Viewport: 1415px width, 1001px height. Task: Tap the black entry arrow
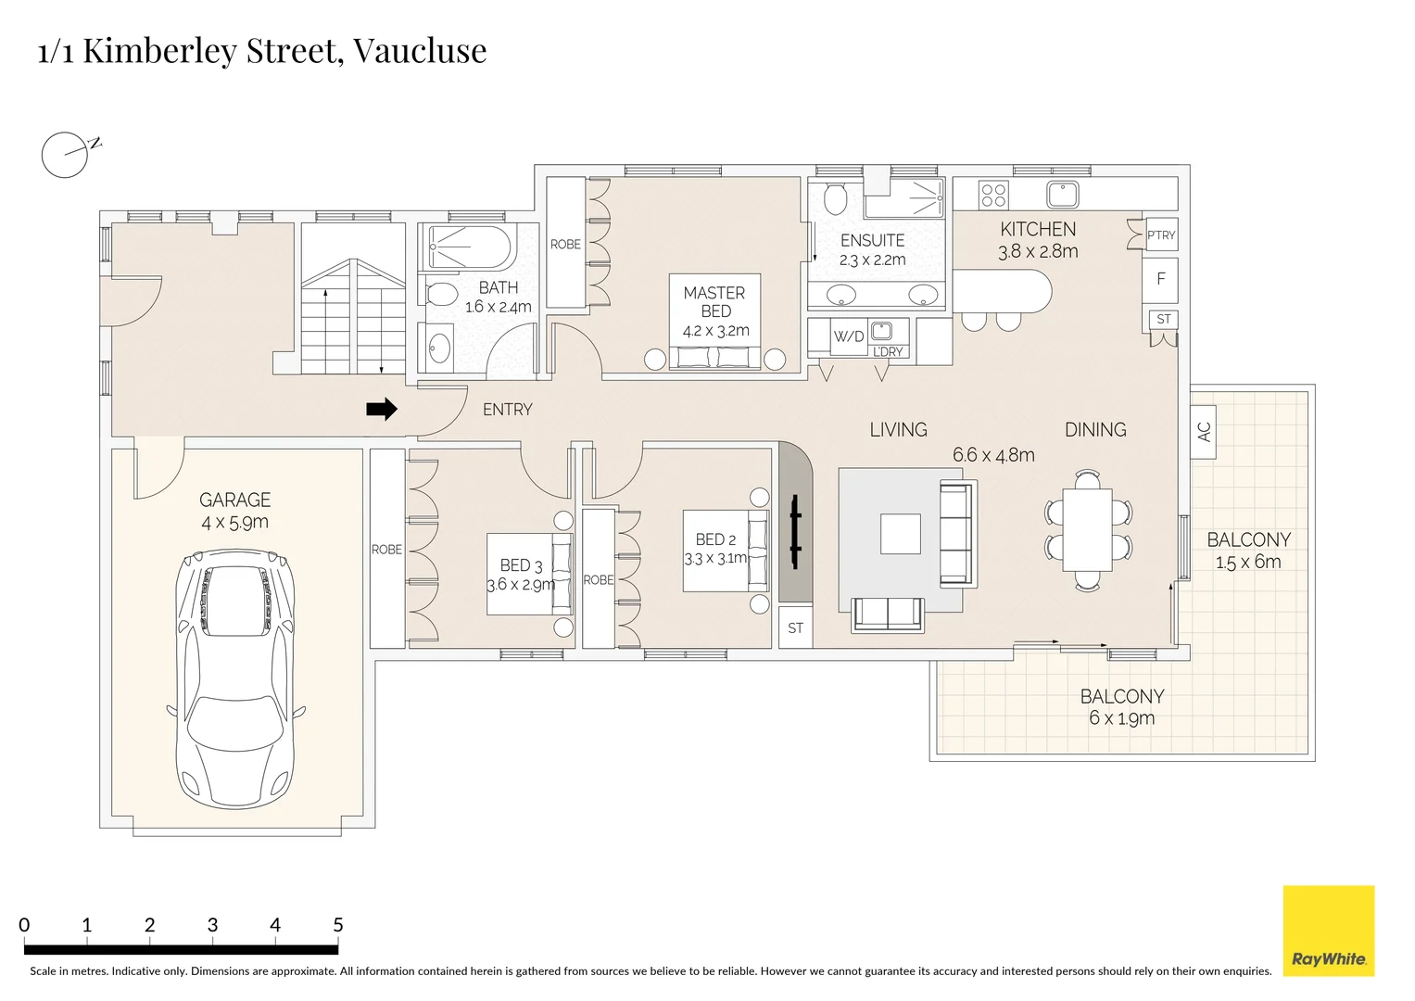point(382,409)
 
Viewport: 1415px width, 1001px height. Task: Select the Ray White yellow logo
point(1328,931)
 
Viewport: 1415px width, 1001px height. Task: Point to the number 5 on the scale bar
point(337,925)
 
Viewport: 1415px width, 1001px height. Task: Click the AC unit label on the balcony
point(1204,432)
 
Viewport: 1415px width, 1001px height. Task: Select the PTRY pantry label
point(1160,235)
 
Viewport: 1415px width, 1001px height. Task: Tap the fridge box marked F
point(1160,279)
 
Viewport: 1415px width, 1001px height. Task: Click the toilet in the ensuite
point(835,198)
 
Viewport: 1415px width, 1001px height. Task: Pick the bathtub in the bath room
point(468,247)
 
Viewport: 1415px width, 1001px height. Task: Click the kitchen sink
point(1062,195)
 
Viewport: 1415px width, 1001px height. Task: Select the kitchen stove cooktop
point(993,195)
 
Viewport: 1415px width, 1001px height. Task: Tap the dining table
point(1087,529)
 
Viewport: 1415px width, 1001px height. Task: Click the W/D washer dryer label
point(848,336)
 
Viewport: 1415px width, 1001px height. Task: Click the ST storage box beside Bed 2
point(795,628)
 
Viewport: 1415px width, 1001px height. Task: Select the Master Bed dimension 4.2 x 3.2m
point(715,331)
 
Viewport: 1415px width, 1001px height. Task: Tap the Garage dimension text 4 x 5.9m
point(234,523)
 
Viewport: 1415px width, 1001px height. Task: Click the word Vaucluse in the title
point(420,51)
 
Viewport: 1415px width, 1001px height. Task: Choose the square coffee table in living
point(900,534)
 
